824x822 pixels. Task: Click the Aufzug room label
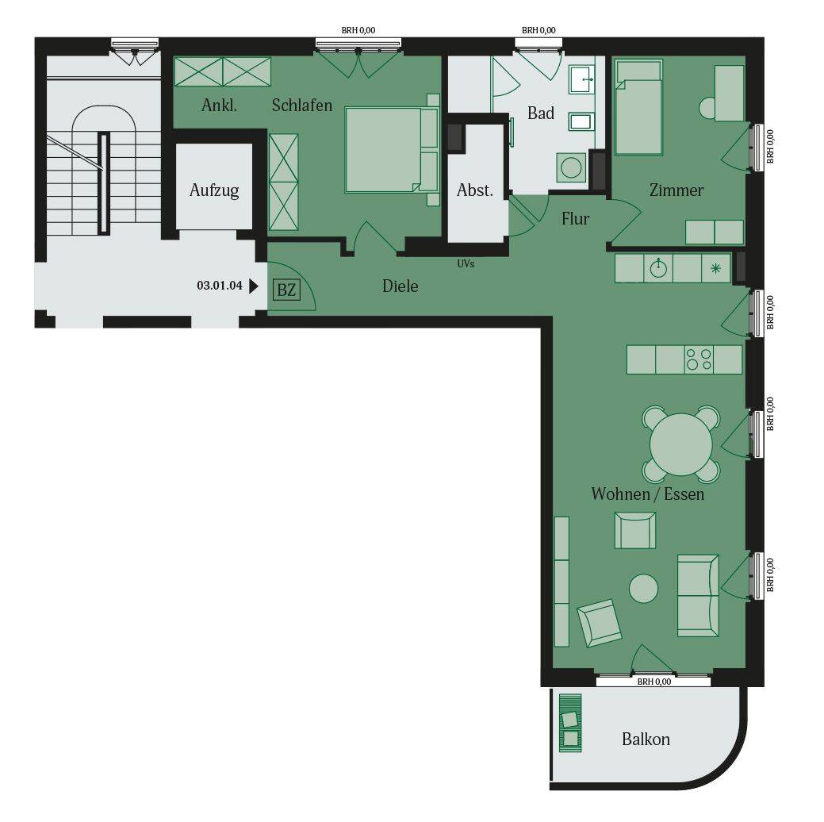(214, 190)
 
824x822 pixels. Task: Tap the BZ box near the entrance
(286, 290)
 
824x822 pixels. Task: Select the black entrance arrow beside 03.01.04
(254, 286)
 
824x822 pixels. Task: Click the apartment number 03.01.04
(219, 286)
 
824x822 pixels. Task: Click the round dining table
(681, 444)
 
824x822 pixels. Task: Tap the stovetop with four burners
(698, 359)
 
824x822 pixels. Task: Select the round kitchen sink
(658, 269)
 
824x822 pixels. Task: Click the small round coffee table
(643, 589)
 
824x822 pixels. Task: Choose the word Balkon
(646, 739)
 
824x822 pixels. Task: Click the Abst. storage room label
(475, 190)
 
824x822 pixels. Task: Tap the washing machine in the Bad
(570, 168)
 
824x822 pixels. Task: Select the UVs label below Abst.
(466, 263)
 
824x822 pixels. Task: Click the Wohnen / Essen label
(647, 494)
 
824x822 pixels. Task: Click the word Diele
(400, 286)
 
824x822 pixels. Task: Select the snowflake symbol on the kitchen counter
(715, 269)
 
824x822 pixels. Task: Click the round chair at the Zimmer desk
(707, 108)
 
